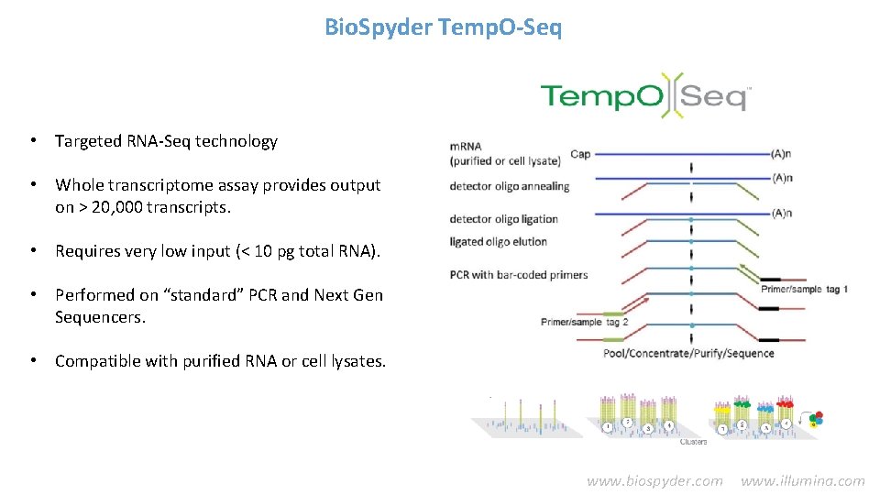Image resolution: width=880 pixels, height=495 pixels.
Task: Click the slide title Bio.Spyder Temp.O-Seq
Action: tap(444, 27)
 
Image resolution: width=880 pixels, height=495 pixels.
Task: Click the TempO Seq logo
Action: tap(645, 93)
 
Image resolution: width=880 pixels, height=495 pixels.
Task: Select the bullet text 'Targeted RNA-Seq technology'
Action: tap(166, 141)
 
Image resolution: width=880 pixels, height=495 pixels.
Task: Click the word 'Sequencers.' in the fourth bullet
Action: tap(100, 317)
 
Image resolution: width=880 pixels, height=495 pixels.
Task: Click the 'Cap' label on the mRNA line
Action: tap(580, 154)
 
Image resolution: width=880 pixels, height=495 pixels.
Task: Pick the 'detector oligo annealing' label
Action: tap(509, 186)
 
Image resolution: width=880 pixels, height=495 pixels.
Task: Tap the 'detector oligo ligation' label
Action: tap(503, 219)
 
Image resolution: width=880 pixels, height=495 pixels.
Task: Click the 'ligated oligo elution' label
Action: tap(498, 242)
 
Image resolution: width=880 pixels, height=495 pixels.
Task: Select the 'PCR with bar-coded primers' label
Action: tap(518, 274)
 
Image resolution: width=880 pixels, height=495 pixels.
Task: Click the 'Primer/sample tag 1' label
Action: tap(804, 290)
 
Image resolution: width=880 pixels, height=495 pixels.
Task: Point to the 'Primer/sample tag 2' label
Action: tap(585, 322)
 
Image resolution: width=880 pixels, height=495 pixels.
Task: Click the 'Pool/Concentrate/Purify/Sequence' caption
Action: tap(688, 353)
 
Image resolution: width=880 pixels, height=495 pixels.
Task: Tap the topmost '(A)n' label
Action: tap(782, 154)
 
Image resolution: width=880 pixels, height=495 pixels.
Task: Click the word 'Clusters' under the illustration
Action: tap(693, 442)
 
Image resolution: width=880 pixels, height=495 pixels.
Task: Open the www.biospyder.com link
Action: tap(654, 480)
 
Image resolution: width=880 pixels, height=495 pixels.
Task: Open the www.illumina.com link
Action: tap(802, 480)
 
